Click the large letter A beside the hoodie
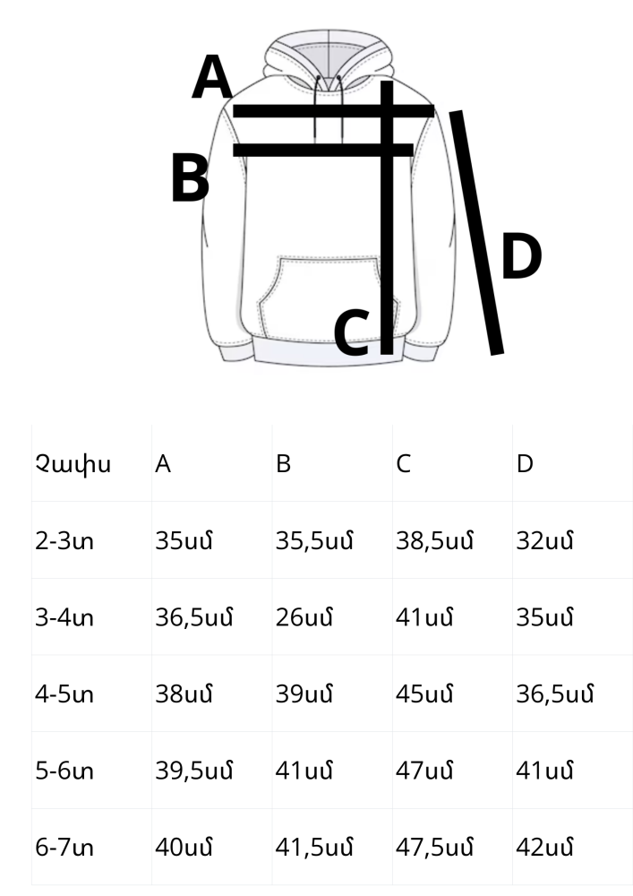[212, 77]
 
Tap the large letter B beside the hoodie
[191, 180]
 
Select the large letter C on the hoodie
[352, 332]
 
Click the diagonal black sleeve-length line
[476, 233]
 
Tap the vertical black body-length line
[387, 218]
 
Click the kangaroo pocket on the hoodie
[329, 299]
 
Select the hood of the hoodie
[329, 60]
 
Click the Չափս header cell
[73, 464]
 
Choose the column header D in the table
[525, 463]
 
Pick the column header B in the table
[283, 463]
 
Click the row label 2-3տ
[64, 540]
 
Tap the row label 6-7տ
[64, 847]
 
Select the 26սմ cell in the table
[304, 617]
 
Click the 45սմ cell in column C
[424, 694]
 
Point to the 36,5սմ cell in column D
[555, 694]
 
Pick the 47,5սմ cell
[434, 847]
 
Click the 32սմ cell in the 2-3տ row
[544, 540]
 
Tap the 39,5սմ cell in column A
[194, 771]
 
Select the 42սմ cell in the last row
[544, 847]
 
